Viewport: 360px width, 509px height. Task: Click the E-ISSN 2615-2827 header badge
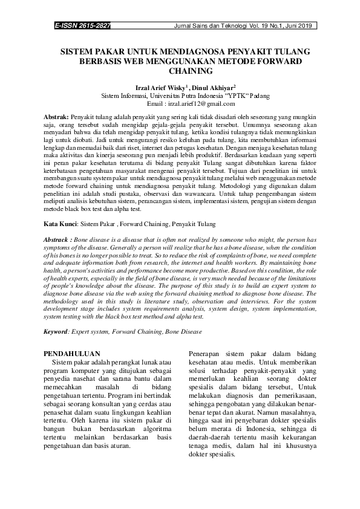(x=83, y=27)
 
